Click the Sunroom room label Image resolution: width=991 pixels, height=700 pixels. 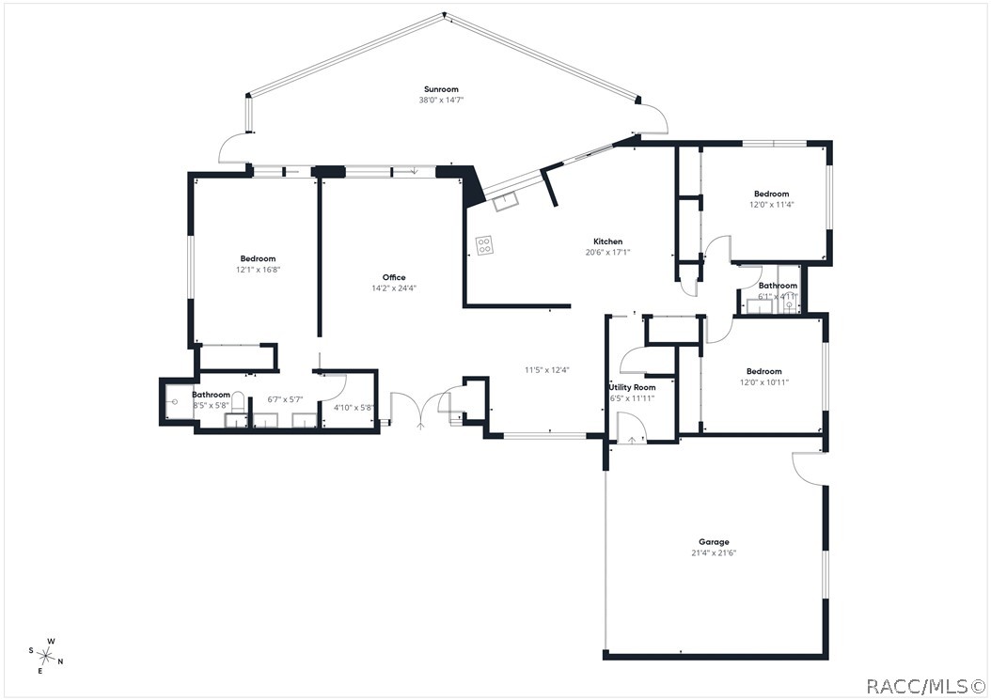[441, 89]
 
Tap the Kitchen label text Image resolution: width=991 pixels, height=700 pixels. [608, 241]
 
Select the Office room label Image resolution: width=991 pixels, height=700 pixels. [394, 277]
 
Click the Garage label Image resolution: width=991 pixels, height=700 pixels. [714, 542]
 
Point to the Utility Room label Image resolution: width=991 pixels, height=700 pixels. [632, 387]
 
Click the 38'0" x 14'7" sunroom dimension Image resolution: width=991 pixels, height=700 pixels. [441, 100]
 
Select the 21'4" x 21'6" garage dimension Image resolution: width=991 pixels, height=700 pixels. [714, 552]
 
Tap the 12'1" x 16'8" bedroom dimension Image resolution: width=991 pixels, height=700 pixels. [258, 270]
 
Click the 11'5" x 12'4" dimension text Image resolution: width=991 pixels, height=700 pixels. [546, 370]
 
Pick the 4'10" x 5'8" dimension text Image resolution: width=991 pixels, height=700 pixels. [354, 408]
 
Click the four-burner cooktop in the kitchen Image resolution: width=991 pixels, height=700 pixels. [485, 245]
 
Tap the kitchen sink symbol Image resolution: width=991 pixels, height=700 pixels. [506, 201]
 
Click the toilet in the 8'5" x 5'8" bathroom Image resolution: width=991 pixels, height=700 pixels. [238, 400]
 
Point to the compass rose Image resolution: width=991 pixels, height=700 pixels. [46, 655]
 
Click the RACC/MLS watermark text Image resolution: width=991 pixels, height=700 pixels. [925, 686]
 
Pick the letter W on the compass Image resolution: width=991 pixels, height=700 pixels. [51, 641]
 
